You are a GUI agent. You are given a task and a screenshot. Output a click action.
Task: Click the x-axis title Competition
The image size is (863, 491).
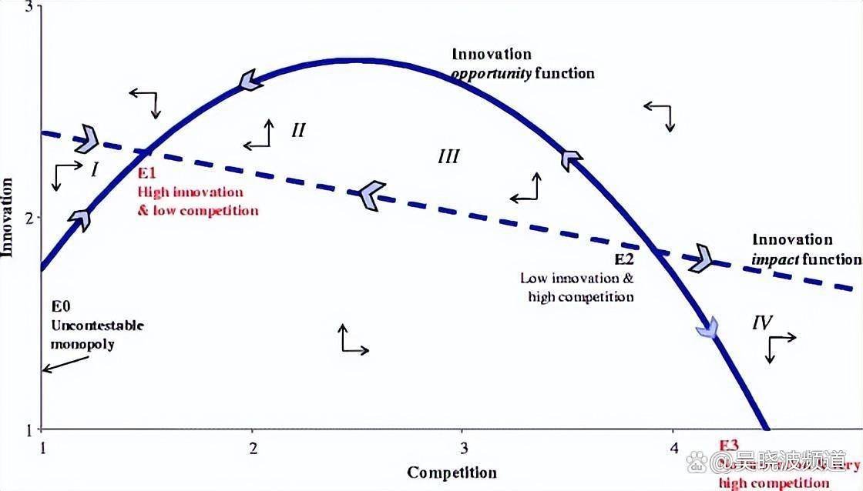[452, 472]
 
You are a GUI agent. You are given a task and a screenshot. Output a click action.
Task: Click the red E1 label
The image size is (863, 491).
[147, 173]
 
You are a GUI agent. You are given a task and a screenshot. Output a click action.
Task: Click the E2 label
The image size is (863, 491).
[623, 259]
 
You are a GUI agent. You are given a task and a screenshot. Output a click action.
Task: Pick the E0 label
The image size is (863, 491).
[60, 306]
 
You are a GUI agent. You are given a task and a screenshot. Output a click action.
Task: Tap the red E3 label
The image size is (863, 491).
[729, 445]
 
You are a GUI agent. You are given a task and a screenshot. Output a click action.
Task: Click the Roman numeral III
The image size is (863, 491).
[448, 157]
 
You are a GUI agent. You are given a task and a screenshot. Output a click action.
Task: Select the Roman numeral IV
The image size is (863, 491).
[762, 323]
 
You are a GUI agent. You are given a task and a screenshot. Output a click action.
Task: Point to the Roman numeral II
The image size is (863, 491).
[298, 130]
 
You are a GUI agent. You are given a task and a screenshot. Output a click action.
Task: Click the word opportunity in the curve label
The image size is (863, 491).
[490, 74]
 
